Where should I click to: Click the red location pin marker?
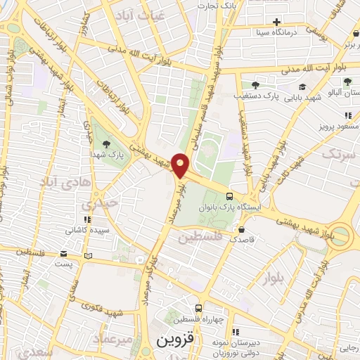click(181, 165)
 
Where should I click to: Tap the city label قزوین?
click(169, 342)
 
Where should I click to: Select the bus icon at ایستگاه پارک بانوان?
click(229, 197)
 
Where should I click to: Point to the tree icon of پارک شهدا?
click(106, 144)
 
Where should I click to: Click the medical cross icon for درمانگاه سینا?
click(276, 22)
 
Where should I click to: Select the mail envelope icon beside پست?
click(63, 254)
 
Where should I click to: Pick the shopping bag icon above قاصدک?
click(241, 229)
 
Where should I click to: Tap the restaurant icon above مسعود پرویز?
click(347, 115)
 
